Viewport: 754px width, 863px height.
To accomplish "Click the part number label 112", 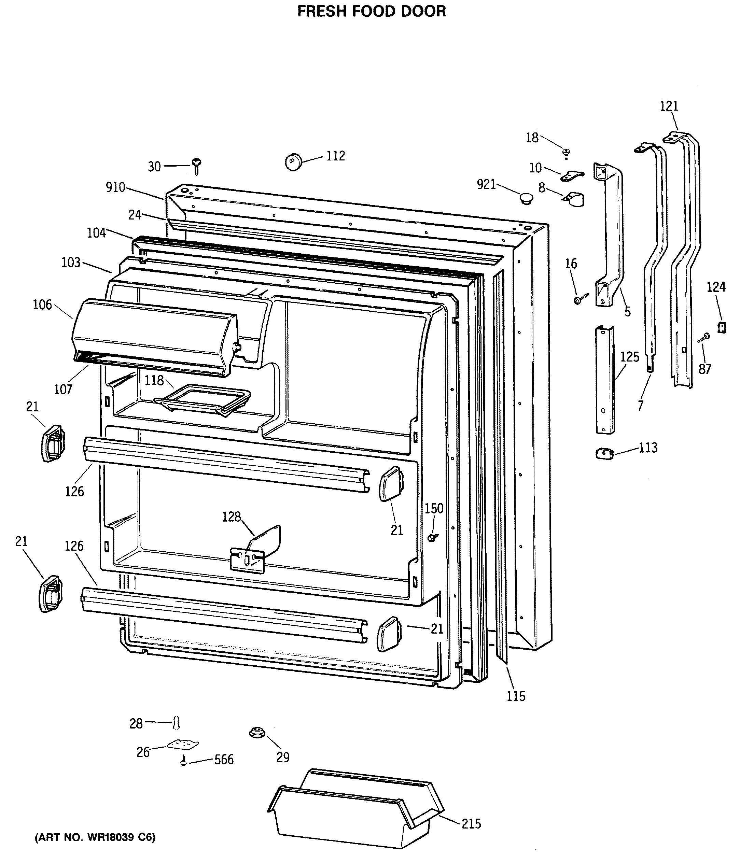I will click(335, 156).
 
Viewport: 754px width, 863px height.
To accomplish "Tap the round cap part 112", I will click(294, 162).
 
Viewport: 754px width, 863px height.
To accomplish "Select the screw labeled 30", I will click(196, 166).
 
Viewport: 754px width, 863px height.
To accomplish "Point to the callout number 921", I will click(486, 184).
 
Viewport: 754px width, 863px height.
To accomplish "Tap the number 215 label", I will click(471, 823).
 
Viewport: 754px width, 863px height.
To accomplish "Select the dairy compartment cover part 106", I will click(154, 337).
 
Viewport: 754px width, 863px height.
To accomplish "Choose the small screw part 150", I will click(432, 537).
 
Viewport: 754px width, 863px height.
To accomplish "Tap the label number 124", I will click(716, 287).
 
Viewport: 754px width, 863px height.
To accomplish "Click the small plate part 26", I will click(183, 745).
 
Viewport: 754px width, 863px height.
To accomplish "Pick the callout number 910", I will click(115, 187).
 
